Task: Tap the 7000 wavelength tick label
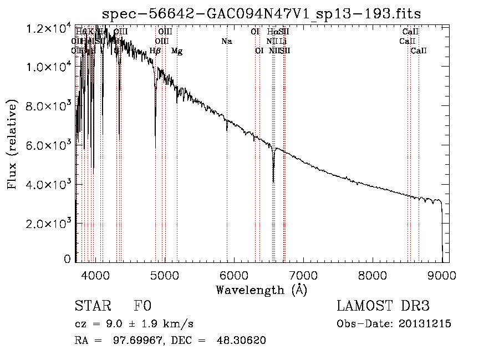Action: (x=303, y=275)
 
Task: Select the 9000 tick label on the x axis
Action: (x=442, y=275)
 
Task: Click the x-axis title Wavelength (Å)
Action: (x=261, y=290)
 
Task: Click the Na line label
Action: (x=226, y=41)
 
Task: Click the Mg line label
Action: (x=177, y=51)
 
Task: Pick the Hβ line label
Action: (x=155, y=51)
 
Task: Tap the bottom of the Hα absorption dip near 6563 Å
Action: (x=273, y=181)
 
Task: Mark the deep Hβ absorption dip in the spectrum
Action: (x=155, y=145)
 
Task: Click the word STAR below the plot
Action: (x=91, y=306)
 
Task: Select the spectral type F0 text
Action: (x=142, y=306)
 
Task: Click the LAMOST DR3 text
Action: (x=383, y=306)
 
